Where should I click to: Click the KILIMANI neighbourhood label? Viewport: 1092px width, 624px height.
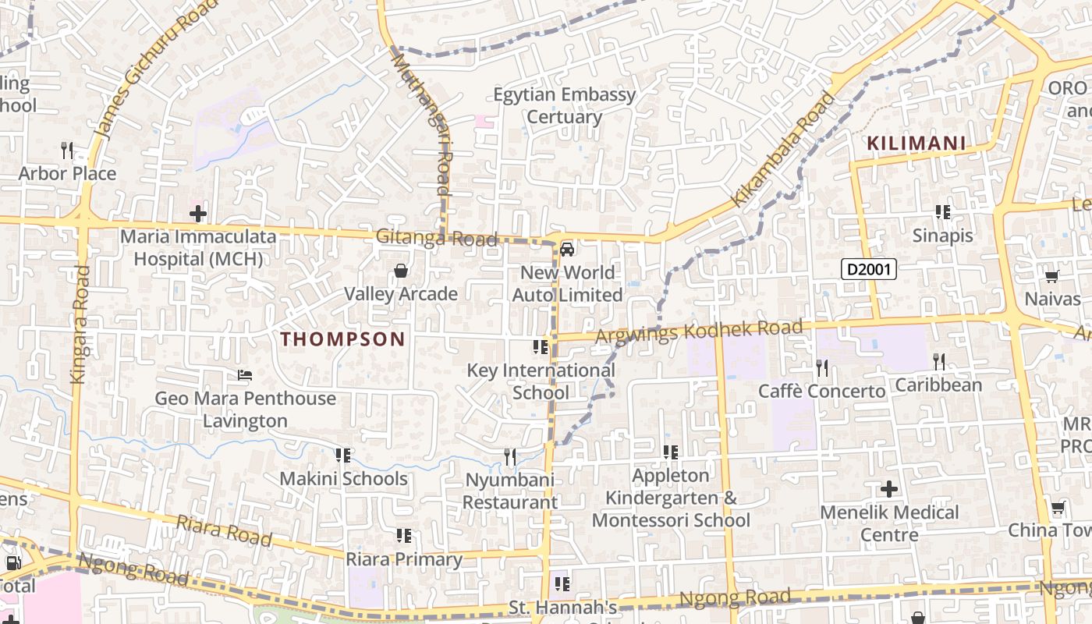[x=916, y=144]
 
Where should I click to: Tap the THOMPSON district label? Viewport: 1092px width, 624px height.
[x=342, y=339]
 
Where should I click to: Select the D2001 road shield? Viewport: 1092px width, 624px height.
[x=869, y=270]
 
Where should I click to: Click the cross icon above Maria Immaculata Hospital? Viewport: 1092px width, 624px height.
[x=198, y=213]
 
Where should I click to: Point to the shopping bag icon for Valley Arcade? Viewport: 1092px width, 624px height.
[x=401, y=271]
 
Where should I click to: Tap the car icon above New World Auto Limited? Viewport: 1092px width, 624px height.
[x=567, y=249]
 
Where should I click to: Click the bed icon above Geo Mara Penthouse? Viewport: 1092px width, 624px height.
[x=245, y=375]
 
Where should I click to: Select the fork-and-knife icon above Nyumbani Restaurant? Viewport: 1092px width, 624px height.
[x=510, y=456]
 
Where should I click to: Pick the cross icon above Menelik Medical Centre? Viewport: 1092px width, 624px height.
[x=889, y=489]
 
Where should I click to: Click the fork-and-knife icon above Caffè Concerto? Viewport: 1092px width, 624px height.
[x=822, y=367]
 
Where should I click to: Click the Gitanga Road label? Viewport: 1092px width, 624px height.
[x=436, y=238]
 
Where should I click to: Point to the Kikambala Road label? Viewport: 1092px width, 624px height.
[x=782, y=150]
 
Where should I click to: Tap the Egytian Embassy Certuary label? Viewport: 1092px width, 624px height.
[x=565, y=105]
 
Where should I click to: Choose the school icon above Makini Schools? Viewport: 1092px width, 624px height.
[x=342, y=455]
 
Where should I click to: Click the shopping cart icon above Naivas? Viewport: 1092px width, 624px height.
[x=1051, y=276]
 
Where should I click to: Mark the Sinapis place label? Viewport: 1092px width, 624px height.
[x=943, y=236]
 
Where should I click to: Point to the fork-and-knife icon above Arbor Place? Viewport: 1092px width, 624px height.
[x=67, y=150]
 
